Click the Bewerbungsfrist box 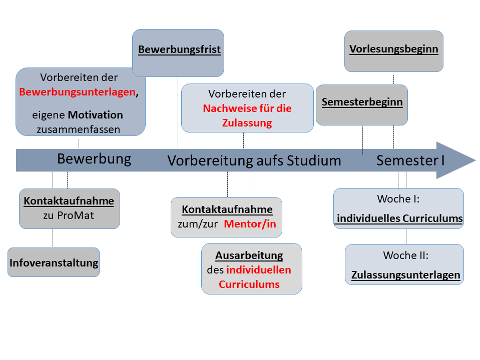[x=179, y=50]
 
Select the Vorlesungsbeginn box [x=393, y=49]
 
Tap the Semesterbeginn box [x=362, y=102]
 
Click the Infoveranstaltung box [x=54, y=262]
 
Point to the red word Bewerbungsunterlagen [x=77, y=92]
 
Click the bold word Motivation [x=96, y=115]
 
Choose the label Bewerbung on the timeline [x=94, y=159]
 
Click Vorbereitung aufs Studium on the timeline [x=254, y=160]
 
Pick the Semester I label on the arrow [x=410, y=160]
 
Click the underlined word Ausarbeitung [x=249, y=256]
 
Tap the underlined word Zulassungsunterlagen [x=405, y=275]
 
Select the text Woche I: [x=398, y=199]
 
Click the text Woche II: [x=405, y=255]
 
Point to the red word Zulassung [x=247, y=123]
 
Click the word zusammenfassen [x=78, y=129]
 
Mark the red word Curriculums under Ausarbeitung [x=249, y=284]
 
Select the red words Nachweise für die [x=247, y=108]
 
